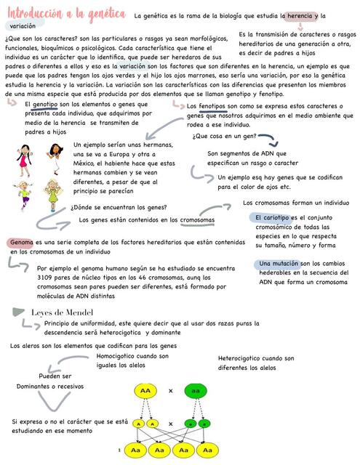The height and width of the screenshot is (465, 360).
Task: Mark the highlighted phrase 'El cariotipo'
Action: coord(273,217)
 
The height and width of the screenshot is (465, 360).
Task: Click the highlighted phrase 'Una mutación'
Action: coord(278,263)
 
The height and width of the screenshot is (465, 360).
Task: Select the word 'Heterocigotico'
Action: coord(239,358)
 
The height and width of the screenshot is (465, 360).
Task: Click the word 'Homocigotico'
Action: coord(116,356)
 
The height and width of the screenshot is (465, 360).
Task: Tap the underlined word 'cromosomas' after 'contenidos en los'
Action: coord(197,219)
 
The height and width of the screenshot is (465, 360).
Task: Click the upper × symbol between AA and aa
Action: coord(170,391)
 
